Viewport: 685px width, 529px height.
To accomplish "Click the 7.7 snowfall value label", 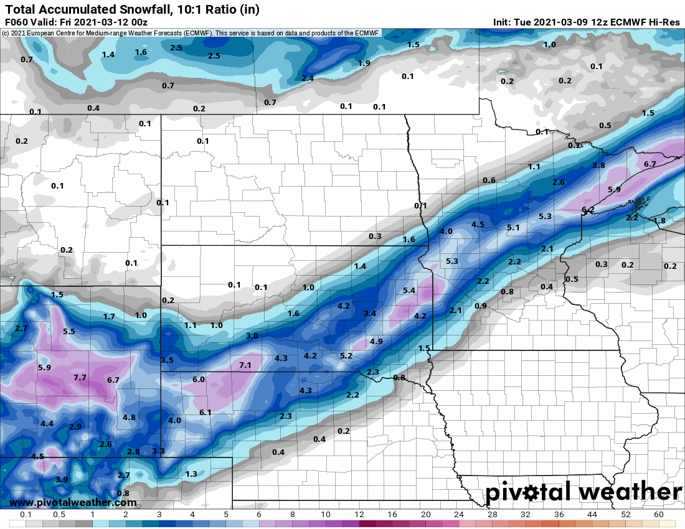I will [80, 378].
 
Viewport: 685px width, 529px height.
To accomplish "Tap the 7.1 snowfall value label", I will [245, 365].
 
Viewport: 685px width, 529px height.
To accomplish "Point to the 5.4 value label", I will [409, 291].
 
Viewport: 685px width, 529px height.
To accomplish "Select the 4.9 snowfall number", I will [376, 342].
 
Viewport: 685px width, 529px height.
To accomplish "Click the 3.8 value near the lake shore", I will [599, 166].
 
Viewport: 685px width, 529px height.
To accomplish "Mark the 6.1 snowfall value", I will [205, 413].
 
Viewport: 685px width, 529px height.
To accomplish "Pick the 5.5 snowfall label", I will [68, 332].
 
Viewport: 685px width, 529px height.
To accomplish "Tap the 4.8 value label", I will [130, 418].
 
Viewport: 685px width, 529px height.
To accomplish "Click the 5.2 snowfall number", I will [346, 356].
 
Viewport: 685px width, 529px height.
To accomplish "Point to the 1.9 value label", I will [364, 63].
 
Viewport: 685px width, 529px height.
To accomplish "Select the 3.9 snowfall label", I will [61, 480].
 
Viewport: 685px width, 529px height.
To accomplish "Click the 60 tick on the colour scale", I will [658, 515].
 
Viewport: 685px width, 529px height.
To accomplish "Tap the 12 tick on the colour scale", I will [359, 515].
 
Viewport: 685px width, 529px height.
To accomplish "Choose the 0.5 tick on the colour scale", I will [59, 515].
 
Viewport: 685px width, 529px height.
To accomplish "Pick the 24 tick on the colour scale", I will [458, 515].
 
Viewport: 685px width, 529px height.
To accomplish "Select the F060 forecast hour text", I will [16, 22].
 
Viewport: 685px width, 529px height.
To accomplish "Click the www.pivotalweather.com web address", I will [73, 502].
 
